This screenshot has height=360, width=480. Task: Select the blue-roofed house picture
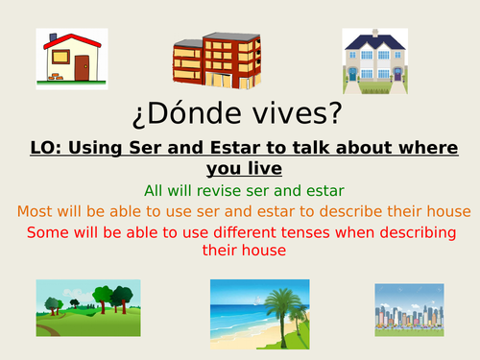pos(379,60)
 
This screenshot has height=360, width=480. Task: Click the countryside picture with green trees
pos(88,308)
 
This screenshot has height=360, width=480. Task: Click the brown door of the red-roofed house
pos(82,67)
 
